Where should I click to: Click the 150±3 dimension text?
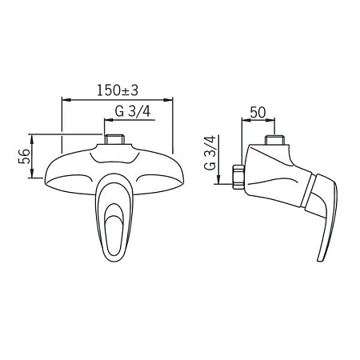pyautogui.click(x=118, y=90)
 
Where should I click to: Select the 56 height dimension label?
pyautogui.click(x=24, y=156)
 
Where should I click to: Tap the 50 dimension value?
pyautogui.click(x=258, y=112)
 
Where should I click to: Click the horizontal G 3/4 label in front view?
pyautogui.click(x=133, y=111)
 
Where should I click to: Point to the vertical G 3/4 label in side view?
pyautogui.click(x=210, y=153)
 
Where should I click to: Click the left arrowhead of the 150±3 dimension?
pyautogui.click(x=66, y=100)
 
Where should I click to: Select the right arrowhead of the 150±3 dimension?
pyautogui.click(x=168, y=100)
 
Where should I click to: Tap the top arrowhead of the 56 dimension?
pyautogui.click(x=32, y=138)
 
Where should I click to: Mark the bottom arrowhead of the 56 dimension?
pyautogui.click(x=32, y=174)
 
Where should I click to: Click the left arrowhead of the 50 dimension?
pyautogui.click(x=246, y=120)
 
